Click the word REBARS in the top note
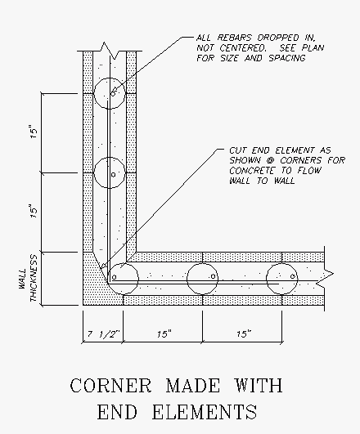(235, 38)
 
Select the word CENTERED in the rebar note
(243, 48)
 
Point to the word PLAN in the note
(313, 48)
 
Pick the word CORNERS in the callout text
(301, 160)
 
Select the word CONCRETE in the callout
(251, 171)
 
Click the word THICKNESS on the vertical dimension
(34, 279)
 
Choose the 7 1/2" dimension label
(103, 334)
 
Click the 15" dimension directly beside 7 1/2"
(164, 334)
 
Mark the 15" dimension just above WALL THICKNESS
(34, 212)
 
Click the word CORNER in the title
(110, 385)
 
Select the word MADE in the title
(193, 385)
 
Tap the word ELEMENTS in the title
(205, 412)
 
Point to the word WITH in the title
(259, 385)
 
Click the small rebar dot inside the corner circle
(114, 277)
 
